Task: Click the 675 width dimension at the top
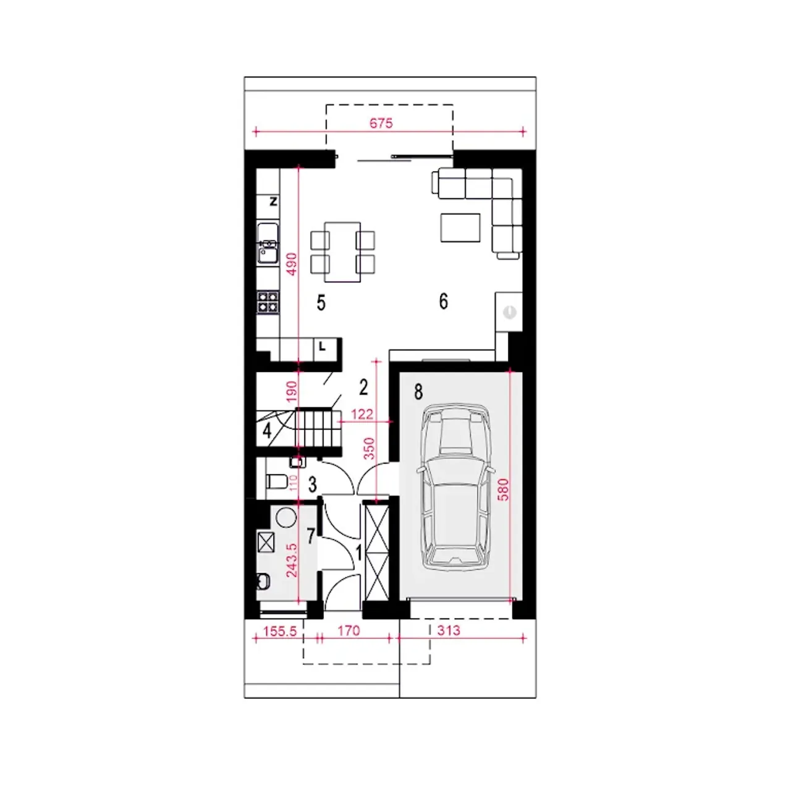click(x=381, y=123)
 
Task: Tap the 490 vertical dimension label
click(x=291, y=263)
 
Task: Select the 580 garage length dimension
click(x=503, y=489)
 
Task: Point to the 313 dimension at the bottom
click(x=448, y=630)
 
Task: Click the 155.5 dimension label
click(x=279, y=631)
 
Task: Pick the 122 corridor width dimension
click(x=362, y=414)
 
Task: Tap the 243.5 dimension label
click(x=292, y=560)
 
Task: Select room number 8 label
click(x=418, y=392)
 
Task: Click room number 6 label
click(x=443, y=302)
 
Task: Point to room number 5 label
click(x=321, y=303)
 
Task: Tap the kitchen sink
click(x=268, y=243)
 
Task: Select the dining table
click(x=342, y=252)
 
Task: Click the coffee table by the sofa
click(x=460, y=227)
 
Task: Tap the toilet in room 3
click(x=276, y=481)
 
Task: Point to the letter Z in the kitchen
click(x=273, y=201)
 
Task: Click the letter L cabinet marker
click(x=322, y=347)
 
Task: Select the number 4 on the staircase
click(x=267, y=431)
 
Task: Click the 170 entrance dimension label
click(x=349, y=630)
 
